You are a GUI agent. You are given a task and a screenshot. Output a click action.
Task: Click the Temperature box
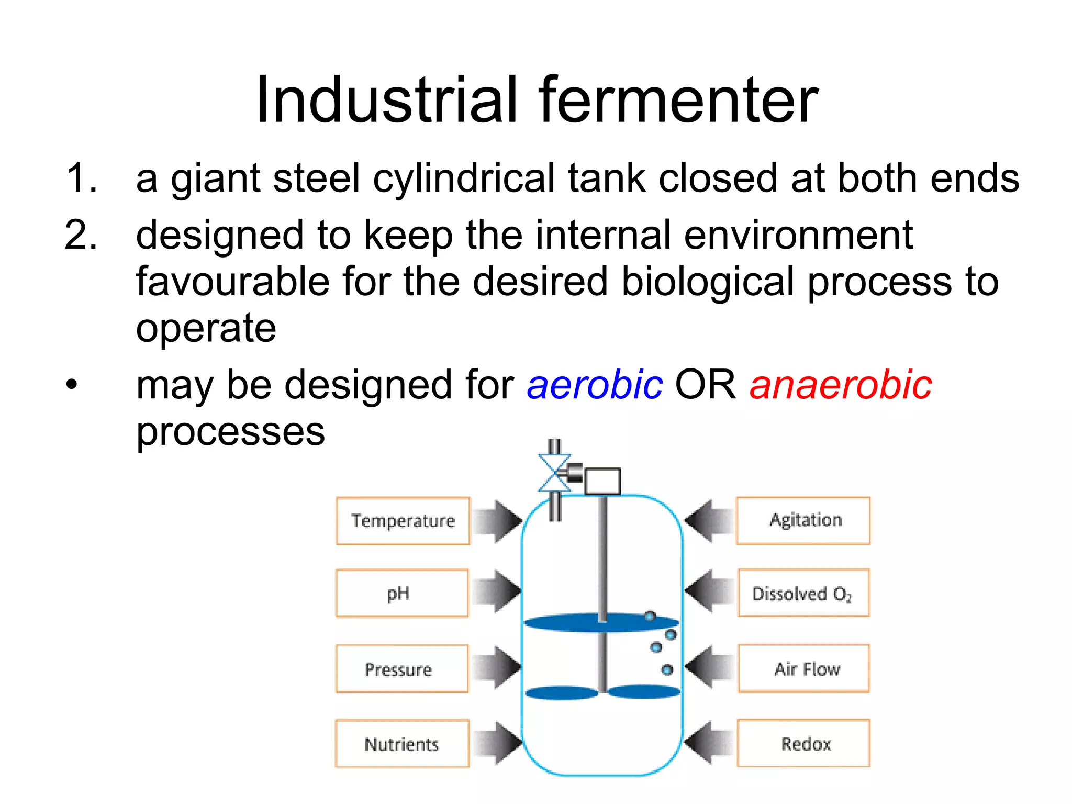click(x=403, y=521)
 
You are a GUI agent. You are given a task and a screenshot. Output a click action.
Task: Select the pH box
click(x=402, y=593)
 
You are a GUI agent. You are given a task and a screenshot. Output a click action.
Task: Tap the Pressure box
click(x=402, y=669)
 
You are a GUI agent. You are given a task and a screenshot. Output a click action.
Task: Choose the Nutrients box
click(x=402, y=744)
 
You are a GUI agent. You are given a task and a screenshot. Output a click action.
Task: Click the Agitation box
click(x=803, y=520)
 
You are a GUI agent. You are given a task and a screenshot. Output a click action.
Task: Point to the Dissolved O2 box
click(x=803, y=593)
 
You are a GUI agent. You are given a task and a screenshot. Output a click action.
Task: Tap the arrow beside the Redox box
click(x=708, y=743)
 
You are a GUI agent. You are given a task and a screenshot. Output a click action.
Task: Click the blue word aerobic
click(x=595, y=385)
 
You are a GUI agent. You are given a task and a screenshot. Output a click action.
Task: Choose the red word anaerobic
click(x=841, y=385)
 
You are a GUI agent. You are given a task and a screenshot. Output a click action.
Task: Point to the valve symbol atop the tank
click(x=555, y=473)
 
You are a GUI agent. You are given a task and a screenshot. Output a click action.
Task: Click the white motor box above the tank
click(x=602, y=481)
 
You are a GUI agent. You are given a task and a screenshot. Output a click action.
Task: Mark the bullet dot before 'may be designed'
click(x=72, y=385)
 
